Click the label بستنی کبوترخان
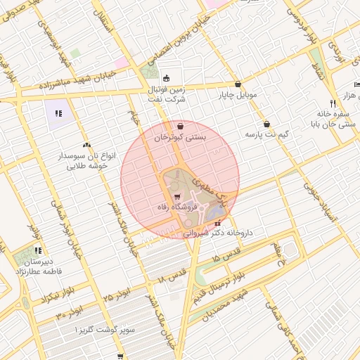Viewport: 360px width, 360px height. (x=181, y=138)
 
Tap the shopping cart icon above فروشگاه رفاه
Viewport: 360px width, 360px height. (x=177, y=197)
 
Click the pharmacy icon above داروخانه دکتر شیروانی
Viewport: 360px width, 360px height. (x=217, y=223)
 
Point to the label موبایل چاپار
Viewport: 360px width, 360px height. (x=238, y=94)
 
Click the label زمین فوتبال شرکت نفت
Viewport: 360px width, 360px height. (x=167, y=95)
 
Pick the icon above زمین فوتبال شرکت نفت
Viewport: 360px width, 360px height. (x=167, y=78)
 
